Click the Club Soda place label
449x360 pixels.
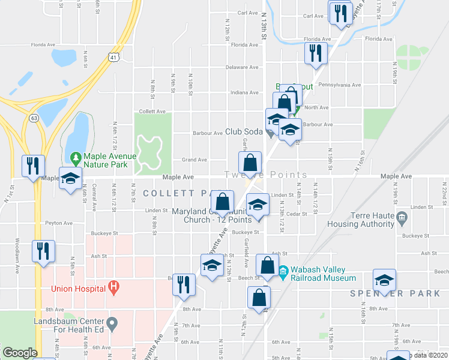(244, 133)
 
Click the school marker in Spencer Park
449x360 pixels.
(384, 280)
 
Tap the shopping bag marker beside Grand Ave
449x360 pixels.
(250, 162)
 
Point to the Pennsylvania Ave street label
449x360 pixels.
(340, 85)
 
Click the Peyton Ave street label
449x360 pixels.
(58, 223)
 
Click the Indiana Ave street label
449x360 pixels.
(244, 93)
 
